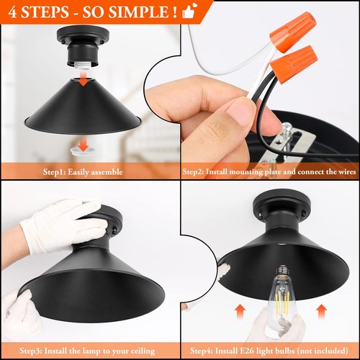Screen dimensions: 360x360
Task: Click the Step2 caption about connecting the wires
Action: (x=270, y=172)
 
